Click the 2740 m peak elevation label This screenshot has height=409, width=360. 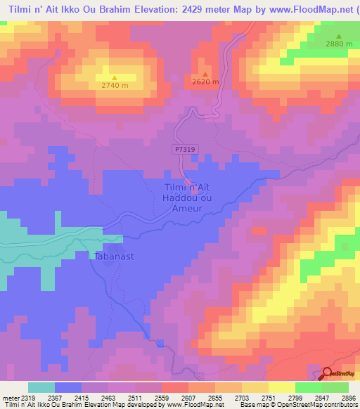point(114,86)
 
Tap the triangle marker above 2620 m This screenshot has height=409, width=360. point(205,74)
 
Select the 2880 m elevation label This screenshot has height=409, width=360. point(338,44)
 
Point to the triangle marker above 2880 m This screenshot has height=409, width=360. point(338,37)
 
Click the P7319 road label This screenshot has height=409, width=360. point(181,149)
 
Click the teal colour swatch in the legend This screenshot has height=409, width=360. point(41,387)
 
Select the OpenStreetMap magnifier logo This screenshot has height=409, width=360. point(328,375)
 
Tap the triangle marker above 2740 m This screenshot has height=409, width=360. point(114,78)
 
